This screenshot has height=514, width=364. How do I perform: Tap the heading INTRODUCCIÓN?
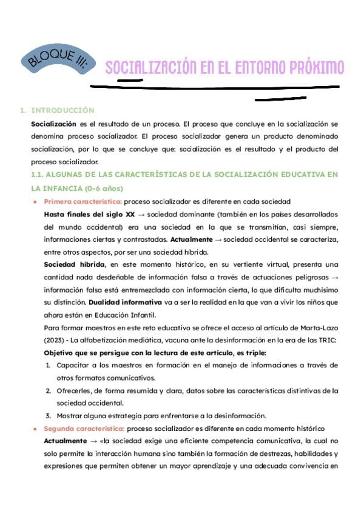click(x=62, y=110)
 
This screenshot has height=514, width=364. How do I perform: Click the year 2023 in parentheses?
click(x=55, y=339)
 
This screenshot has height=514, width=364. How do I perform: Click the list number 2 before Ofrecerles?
click(x=49, y=390)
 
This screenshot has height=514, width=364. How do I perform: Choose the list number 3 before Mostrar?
click(x=49, y=415)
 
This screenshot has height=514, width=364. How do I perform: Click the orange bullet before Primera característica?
click(x=36, y=201)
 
